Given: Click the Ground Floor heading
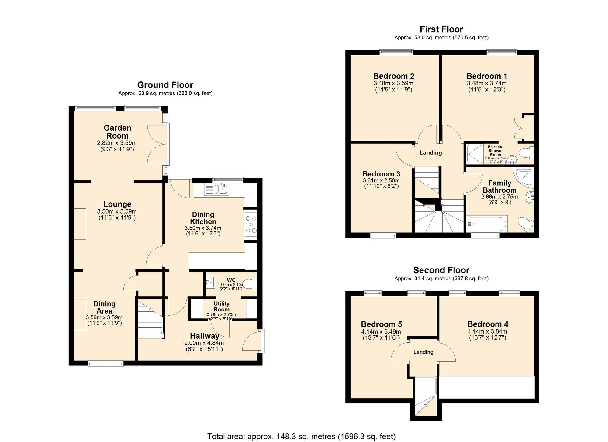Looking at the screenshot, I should click(x=165, y=85).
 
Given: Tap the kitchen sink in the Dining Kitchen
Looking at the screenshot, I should click(x=221, y=189).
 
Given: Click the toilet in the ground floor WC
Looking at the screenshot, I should click(x=250, y=284).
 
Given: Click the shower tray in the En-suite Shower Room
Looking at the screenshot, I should click(x=475, y=154).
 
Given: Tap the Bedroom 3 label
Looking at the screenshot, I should click(x=381, y=174).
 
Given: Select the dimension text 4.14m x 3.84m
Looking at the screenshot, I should click(x=487, y=331).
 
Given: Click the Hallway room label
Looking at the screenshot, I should click(x=204, y=336).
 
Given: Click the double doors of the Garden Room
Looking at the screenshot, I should click(x=156, y=144).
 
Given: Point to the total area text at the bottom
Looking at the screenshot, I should click(x=301, y=437).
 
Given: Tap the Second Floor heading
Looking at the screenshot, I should click(x=441, y=270).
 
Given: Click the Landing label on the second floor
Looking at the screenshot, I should click(x=423, y=352).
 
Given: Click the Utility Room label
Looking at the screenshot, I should click(x=221, y=306).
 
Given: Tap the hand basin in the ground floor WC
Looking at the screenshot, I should click(x=210, y=282).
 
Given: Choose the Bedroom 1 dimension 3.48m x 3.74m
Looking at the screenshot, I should click(x=486, y=83).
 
